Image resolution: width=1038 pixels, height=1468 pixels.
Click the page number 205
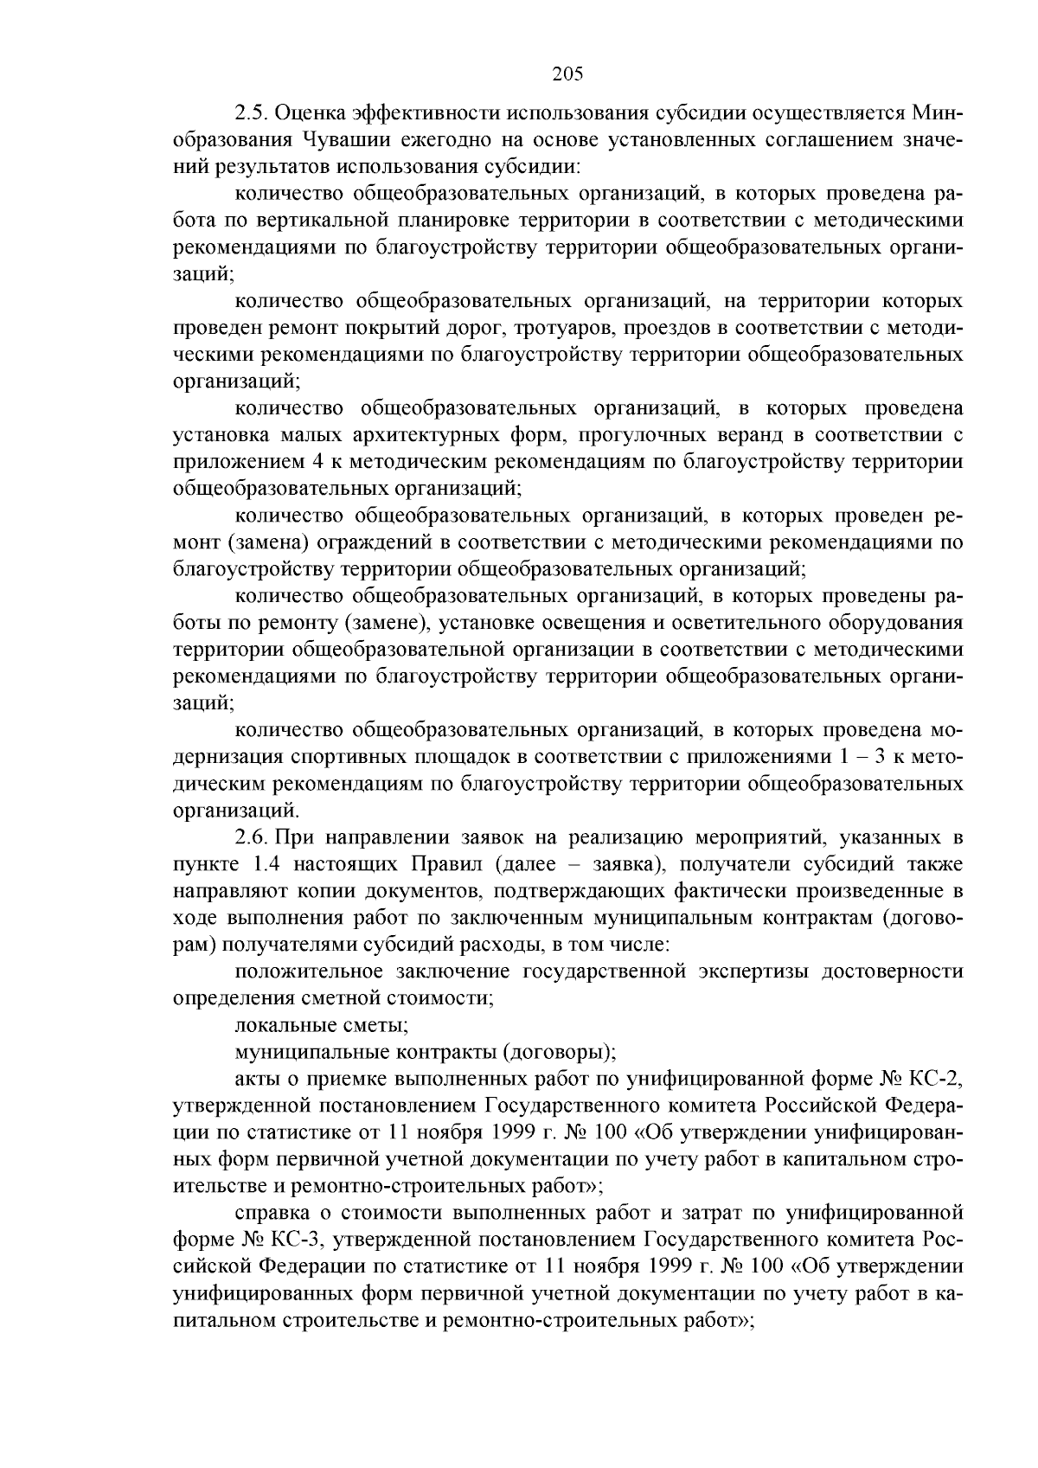(x=568, y=74)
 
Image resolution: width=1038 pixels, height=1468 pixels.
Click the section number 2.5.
(x=251, y=113)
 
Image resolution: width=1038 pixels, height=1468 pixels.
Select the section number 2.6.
(x=251, y=838)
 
